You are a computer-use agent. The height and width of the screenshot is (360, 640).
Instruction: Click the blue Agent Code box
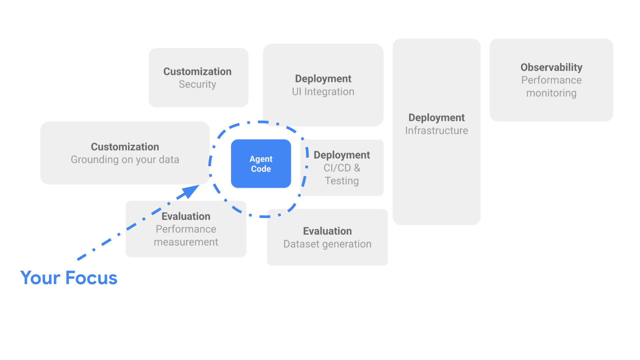[261, 164]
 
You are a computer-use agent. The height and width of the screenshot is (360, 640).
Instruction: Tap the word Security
[197, 84]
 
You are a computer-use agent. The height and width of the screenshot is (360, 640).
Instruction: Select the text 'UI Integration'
[323, 92]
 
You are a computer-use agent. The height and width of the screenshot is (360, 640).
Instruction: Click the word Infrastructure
[436, 131]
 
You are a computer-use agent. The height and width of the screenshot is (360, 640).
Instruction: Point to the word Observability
[551, 67]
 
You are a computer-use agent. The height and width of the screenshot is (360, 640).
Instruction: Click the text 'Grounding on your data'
[125, 160]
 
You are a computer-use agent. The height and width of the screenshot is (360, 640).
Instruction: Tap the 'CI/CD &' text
[342, 168]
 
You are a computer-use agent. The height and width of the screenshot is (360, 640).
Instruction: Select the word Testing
[342, 181]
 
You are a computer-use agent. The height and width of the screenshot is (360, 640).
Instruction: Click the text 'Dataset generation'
[327, 244]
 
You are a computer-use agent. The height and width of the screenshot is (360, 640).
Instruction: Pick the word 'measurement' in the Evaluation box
[186, 242]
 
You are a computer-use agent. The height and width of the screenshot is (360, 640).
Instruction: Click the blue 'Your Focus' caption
[69, 278]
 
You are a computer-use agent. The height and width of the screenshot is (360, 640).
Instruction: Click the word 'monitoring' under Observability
[551, 93]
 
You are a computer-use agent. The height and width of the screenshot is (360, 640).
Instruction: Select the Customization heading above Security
[197, 72]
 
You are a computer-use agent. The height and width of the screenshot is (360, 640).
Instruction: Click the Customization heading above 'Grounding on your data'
[125, 147]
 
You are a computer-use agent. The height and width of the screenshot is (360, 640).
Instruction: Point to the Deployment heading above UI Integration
[323, 79]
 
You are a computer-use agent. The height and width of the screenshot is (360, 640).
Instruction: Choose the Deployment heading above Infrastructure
[436, 118]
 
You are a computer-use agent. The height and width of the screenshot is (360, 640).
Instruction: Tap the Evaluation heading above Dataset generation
[327, 231]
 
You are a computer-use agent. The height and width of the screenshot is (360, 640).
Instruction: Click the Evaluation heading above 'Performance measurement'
[186, 217]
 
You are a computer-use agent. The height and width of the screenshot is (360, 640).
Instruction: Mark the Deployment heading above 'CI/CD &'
[342, 155]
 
